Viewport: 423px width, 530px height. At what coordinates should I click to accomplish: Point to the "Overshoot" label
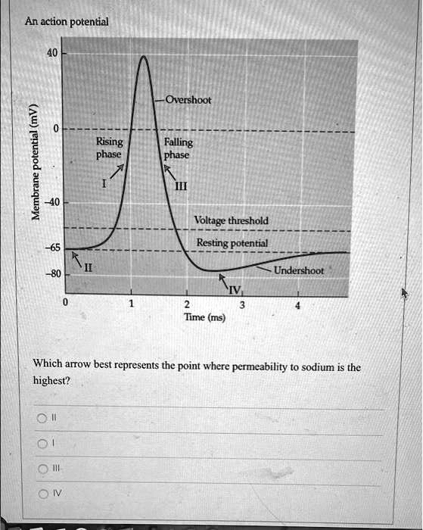[x=188, y=99]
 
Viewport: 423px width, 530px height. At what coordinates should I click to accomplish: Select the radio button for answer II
[x=38, y=416]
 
